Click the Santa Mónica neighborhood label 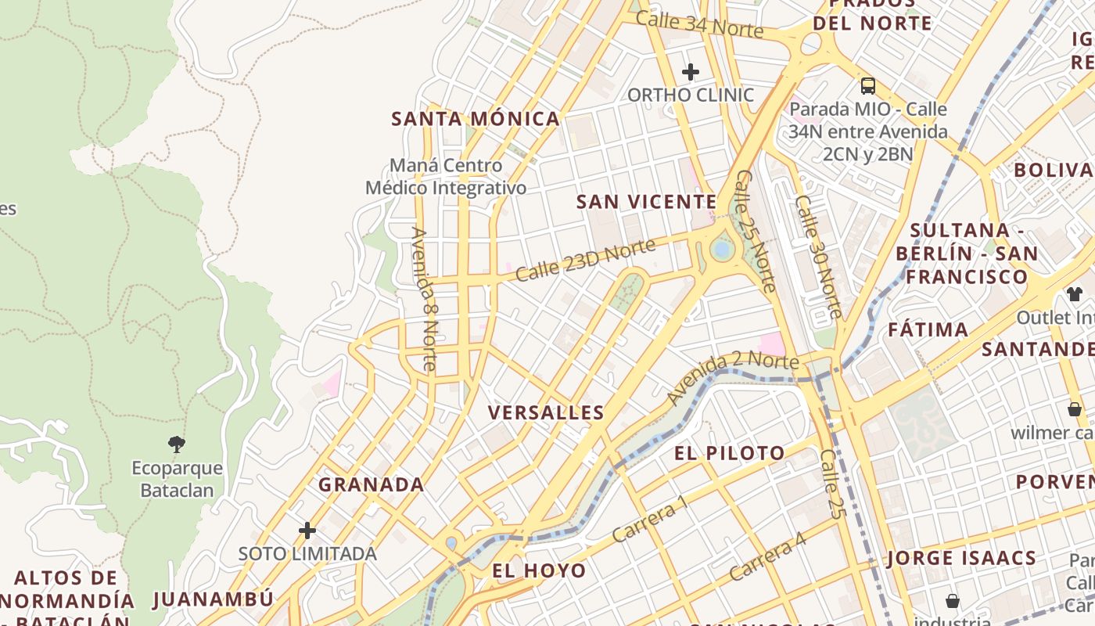click(476, 119)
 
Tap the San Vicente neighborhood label click(646, 202)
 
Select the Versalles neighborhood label click(546, 413)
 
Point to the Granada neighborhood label click(371, 484)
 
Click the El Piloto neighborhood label click(729, 453)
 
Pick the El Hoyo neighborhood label click(539, 570)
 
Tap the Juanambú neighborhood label click(214, 599)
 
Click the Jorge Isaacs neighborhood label click(961, 558)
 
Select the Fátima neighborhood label click(928, 329)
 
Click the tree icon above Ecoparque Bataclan click(177, 444)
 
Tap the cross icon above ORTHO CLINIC click(690, 72)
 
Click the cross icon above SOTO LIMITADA click(307, 531)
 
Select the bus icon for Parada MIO click(867, 85)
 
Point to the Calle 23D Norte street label click(584, 261)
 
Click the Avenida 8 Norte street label click(423, 299)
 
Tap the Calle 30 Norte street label click(818, 257)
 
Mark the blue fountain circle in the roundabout click(722, 250)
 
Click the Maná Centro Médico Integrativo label click(446, 177)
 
